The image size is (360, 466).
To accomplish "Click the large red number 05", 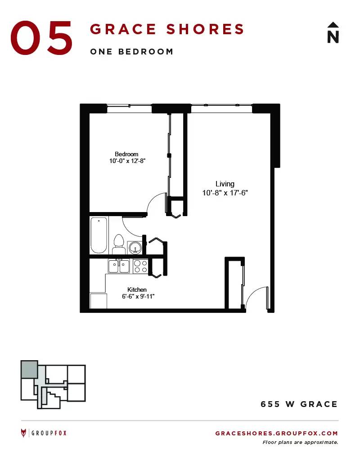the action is (41, 38).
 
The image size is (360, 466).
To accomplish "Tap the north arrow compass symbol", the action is (333, 33).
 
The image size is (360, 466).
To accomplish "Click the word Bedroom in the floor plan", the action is (126, 154).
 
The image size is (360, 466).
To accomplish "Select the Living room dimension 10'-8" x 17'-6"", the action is (225, 193).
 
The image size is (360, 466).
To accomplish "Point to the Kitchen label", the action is (137, 290).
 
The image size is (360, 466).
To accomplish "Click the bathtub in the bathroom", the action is (99, 235).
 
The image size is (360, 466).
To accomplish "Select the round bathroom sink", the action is (136, 247).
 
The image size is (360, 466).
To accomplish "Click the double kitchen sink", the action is (119, 266).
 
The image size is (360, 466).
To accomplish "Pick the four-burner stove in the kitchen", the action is (140, 266).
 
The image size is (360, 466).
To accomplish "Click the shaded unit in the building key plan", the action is (29, 369).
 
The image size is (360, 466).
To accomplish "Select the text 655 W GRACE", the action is (299, 404).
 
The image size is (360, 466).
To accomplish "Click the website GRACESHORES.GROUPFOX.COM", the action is (277, 433).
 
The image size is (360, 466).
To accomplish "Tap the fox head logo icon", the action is (23, 433).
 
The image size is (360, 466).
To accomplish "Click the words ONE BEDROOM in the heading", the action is (131, 52).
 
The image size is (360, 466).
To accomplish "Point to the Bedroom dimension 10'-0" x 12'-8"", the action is (127, 161).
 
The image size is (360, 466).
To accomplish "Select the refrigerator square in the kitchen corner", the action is (99, 301).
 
